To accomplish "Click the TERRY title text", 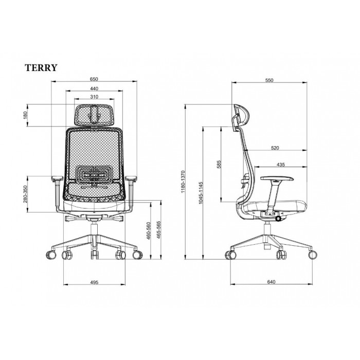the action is [41, 68].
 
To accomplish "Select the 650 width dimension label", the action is [94, 79].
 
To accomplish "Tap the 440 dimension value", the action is [94, 88].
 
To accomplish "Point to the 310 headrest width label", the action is [94, 97].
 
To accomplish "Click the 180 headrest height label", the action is [25, 115].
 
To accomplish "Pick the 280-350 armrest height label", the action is [25, 194].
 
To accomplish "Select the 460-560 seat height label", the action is [148, 231].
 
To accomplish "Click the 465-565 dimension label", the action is [158, 230].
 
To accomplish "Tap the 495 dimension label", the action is [94, 282].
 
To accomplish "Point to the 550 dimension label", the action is [269, 80].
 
